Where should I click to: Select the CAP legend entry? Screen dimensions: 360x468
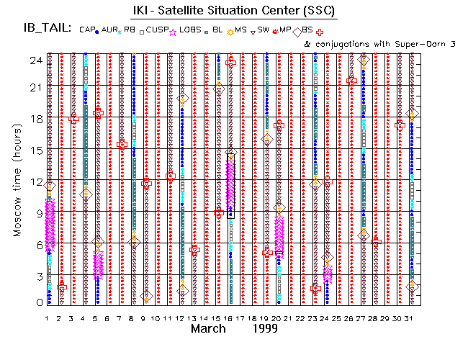87,30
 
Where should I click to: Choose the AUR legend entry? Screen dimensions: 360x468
111,30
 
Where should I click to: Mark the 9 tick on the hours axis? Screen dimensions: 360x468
37,212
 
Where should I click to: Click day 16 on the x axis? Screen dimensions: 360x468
230,318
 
